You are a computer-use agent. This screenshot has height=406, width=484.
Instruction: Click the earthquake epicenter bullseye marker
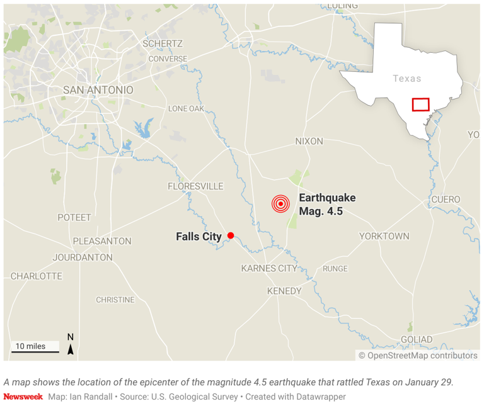pyautogui.click(x=280, y=204)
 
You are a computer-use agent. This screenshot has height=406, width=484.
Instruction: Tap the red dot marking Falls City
pyautogui.click(x=231, y=235)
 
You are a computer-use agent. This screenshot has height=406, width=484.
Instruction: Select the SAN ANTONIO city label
pyautogui.click(x=98, y=90)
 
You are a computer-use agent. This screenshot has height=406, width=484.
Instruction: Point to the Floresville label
pyautogui.click(x=195, y=186)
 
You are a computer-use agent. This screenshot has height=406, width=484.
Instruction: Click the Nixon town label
pyautogui.click(x=309, y=142)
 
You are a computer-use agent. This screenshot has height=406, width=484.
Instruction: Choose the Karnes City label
pyautogui.click(x=269, y=269)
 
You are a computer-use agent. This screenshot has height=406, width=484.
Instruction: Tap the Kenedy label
pyautogui.click(x=284, y=291)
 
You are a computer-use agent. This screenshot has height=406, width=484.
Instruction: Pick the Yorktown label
pyautogui.click(x=384, y=236)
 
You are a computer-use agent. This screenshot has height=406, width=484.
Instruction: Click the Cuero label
pyautogui.click(x=446, y=200)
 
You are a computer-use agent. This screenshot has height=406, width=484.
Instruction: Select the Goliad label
pyautogui.click(x=417, y=340)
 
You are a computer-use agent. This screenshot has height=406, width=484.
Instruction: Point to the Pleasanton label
pyautogui.click(x=102, y=241)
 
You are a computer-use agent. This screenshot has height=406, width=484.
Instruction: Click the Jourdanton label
pyautogui.click(x=82, y=257)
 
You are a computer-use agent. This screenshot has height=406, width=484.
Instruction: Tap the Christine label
pyautogui.click(x=115, y=300)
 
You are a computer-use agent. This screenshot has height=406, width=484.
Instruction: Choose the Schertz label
pyautogui.click(x=163, y=44)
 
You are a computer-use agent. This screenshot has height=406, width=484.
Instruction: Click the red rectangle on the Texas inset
pyautogui.click(x=420, y=104)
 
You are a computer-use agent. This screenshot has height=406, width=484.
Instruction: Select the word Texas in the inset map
pyautogui.click(x=406, y=79)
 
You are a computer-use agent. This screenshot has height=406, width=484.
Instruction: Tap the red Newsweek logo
pyautogui.click(x=23, y=397)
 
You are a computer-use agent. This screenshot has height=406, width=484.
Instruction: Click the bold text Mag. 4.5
pyautogui.click(x=321, y=211)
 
